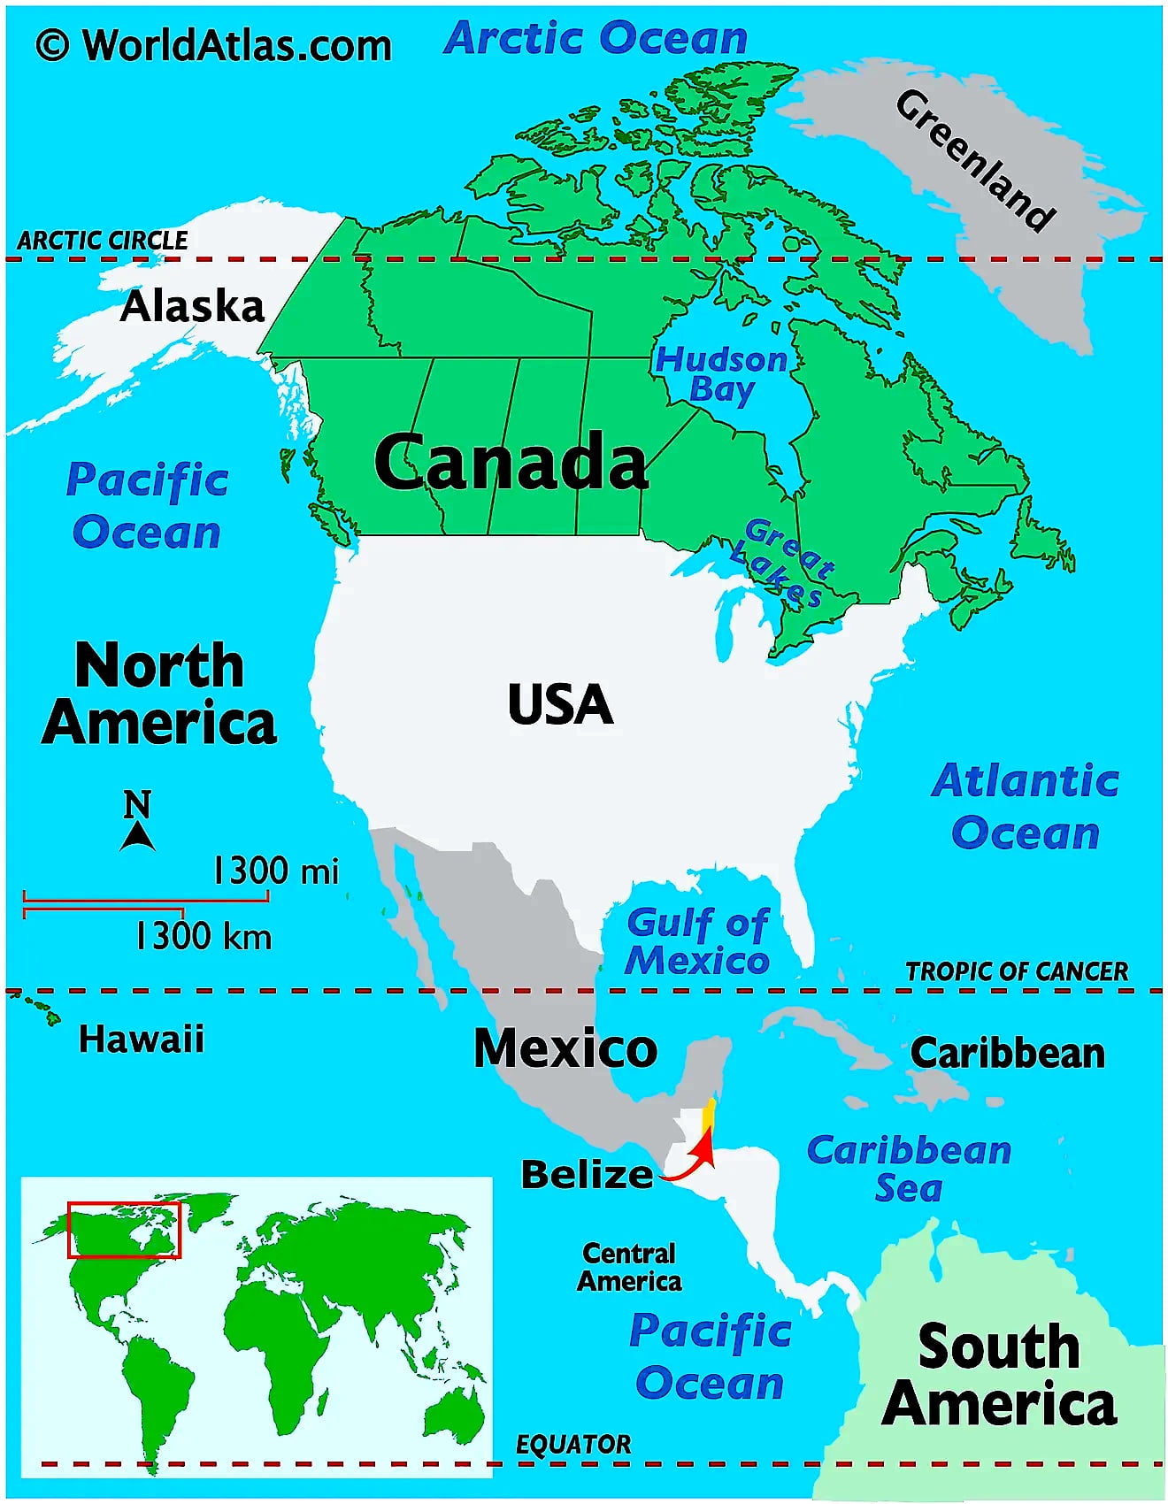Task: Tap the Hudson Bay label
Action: point(721,374)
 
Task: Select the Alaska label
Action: point(192,306)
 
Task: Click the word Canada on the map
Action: point(511,462)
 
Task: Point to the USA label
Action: point(560,704)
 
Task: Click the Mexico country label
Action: point(565,1048)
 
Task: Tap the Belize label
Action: point(587,1175)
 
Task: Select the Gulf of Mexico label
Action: point(697,941)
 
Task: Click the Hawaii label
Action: point(142,1039)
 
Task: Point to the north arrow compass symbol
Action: point(137,823)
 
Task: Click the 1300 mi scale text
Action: point(275,871)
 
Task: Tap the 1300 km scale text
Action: point(203,936)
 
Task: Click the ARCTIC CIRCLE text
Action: point(103,240)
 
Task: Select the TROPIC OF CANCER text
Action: point(1017,971)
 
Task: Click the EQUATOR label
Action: point(573,1445)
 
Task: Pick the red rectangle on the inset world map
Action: point(124,1230)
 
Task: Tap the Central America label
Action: point(629,1267)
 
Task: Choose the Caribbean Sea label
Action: point(909,1168)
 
